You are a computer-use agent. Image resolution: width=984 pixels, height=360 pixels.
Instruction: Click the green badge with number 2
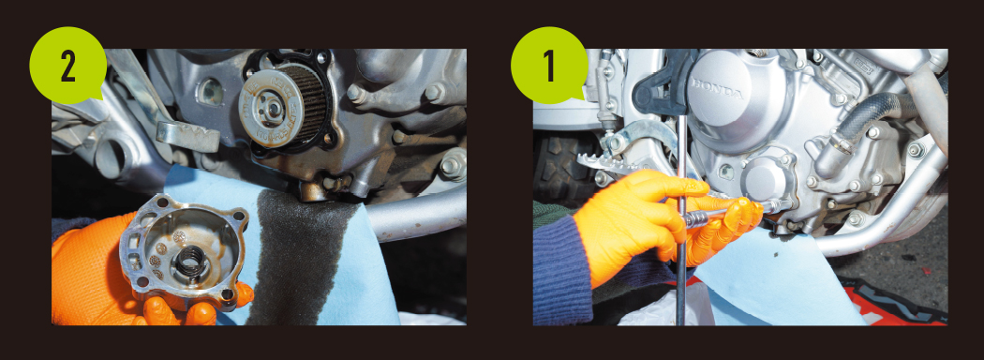coord(67,66)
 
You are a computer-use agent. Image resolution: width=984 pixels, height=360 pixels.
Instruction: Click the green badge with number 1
coord(549,66)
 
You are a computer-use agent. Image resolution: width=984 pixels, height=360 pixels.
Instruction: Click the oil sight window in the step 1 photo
coord(726,171)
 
